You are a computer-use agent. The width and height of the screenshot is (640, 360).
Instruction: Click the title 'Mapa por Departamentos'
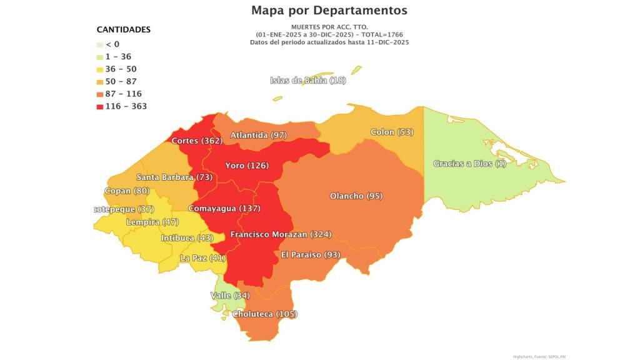329,11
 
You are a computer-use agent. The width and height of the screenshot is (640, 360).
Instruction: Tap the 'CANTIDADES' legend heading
123,29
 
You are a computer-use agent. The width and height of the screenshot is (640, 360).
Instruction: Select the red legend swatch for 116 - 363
99,106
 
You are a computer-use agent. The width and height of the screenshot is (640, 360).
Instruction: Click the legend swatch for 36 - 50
99,69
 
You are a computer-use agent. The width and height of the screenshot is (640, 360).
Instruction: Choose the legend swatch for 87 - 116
99,94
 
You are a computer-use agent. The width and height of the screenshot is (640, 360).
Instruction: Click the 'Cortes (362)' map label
197,141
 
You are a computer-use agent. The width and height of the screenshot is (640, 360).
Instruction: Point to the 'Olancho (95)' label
356,196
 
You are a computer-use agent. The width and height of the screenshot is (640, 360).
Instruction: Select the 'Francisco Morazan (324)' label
281,234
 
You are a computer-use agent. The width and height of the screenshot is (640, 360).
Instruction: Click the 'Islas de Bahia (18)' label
307,80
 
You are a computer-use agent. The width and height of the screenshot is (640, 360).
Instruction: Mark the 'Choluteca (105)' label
264,314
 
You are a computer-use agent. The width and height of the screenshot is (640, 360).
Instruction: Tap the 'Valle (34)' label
229,295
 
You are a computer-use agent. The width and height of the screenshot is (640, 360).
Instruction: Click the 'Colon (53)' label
392,132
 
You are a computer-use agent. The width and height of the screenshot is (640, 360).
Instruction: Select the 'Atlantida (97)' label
258,135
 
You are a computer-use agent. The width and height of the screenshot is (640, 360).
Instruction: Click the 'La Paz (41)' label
202,257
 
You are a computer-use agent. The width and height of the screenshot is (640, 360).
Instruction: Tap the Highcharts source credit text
539,356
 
